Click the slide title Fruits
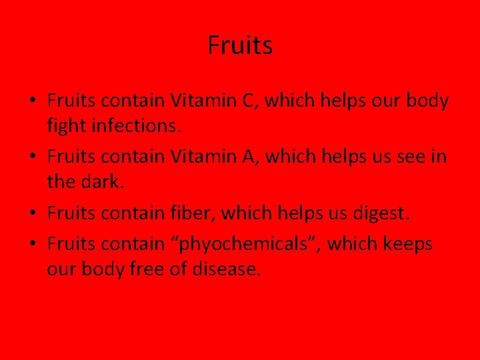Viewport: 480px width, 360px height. [240, 46]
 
